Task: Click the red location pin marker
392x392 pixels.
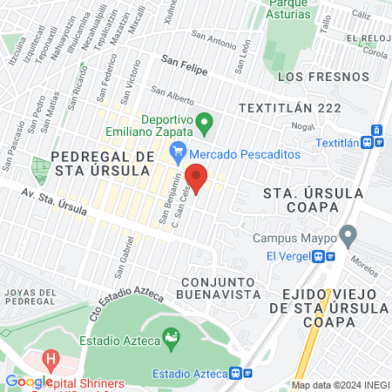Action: pyautogui.click(x=196, y=179)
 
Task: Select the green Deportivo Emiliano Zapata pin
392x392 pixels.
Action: pyautogui.click(x=204, y=121)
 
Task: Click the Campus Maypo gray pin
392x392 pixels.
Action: pyautogui.click(x=348, y=234)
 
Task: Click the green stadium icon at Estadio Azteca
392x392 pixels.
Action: pyautogui.click(x=172, y=335)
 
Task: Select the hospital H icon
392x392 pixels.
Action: pyautogui.click(x=51, y=358)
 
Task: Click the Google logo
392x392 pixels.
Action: pyautogui.click(x=28, y=382)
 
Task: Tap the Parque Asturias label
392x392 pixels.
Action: pyautogui.click(x=289, y=8)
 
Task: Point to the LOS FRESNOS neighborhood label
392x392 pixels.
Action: pyautogui.click(x=311, y=77)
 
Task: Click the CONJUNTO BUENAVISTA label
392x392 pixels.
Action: pyautogui.click(x=221, y=288)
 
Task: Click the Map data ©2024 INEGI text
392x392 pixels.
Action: pyautogui.click(x=339, y=385)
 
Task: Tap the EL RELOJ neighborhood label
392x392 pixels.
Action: pyautogui.click(x=366, y=39)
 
